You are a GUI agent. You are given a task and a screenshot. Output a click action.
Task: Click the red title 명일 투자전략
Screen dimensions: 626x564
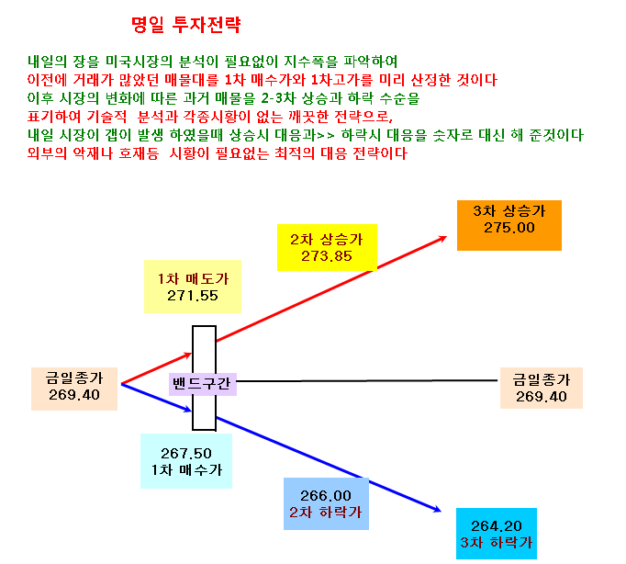(x=186, y=25)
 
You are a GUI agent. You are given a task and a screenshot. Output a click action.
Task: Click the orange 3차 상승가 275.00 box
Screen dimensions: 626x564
(x=509, y=225)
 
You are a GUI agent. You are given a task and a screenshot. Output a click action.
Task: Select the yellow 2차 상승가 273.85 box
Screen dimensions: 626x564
(x=327, y=247)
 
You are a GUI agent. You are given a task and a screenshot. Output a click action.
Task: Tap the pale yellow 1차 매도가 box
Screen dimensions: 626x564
(x=193, y=287)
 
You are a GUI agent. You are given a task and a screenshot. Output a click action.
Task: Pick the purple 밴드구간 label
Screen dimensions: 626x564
(x=203, y=384)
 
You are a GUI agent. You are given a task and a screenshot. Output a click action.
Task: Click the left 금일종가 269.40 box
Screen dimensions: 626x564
(x=74, y=389)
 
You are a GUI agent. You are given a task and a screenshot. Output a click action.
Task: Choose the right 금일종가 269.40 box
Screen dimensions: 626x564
(x=542, y=388)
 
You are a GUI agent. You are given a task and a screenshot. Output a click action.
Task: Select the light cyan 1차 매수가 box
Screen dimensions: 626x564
(x=186, y=461)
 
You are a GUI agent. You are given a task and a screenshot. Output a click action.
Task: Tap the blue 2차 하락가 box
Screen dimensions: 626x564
(x=326, y=503)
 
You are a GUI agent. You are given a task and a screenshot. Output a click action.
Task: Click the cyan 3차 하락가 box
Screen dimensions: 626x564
(x=497, y=534)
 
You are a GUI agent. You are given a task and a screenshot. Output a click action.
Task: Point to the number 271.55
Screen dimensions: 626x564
(x=193, y=296)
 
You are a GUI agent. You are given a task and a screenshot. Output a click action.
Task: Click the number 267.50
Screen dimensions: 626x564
(x=186, y=454)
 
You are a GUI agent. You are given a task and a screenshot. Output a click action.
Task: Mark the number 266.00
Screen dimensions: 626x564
(x=326, y=496)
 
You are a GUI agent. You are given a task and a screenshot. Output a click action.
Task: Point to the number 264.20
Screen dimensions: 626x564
(x=497, y=526)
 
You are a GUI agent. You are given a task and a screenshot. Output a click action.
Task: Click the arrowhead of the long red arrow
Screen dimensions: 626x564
(x=442, y=239)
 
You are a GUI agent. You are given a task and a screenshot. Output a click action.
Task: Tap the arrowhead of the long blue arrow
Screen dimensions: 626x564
(x=437, y=509)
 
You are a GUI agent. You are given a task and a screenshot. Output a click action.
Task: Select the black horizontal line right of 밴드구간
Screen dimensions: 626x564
(x=367, y=380)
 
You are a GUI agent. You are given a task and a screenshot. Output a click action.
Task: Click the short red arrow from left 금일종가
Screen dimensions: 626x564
(x=156, y=368)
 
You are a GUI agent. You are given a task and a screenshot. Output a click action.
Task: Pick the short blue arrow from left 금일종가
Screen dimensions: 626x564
(x=156, y=398)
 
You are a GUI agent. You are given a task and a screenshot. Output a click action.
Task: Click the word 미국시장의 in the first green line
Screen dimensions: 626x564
(x=139, y=62)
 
